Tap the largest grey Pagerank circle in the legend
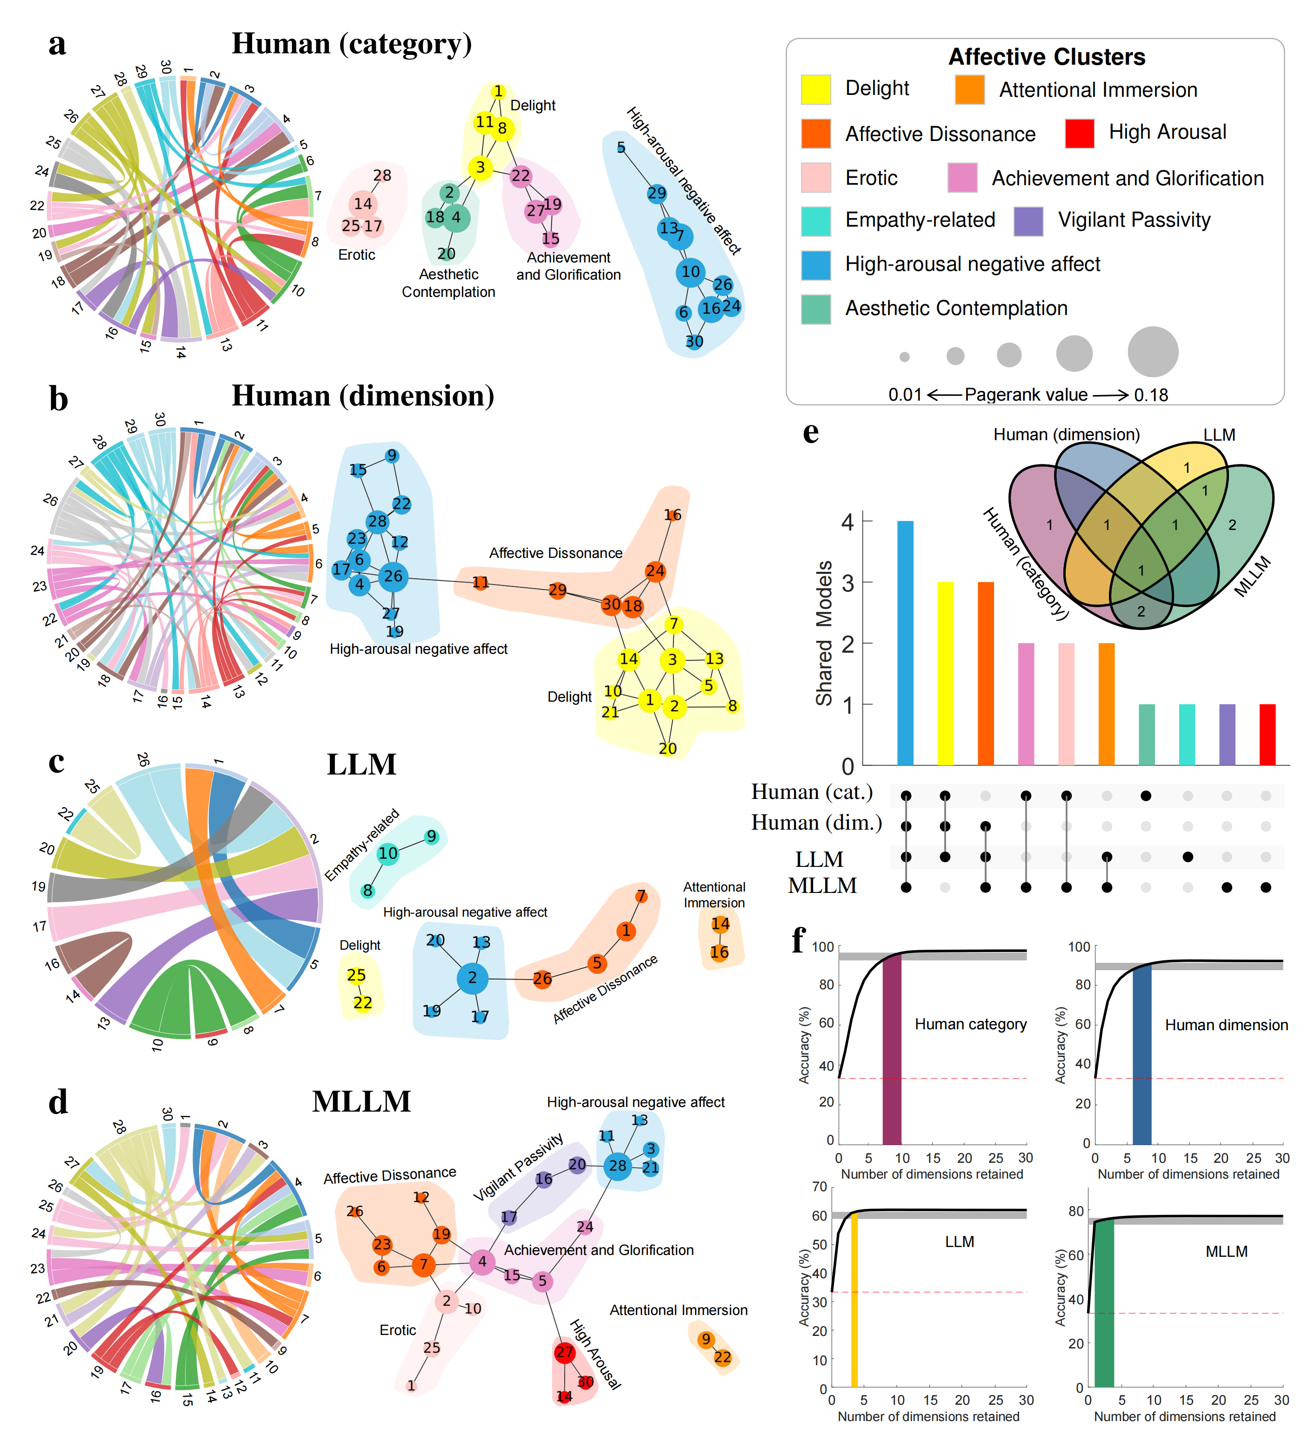click(x=1152, y=351)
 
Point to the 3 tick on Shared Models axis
click(x=848, y=582)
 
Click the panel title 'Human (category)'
click(x=352, y=44)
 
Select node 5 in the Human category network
click(x=621, y=148)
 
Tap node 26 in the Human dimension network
click(x=393, y=576)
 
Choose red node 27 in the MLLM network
click(x=564, y=1352)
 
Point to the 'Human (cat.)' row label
click(x=812, y=792)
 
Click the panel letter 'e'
click(x=810, y=432)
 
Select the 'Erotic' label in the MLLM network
click(x=398, y=1330)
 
